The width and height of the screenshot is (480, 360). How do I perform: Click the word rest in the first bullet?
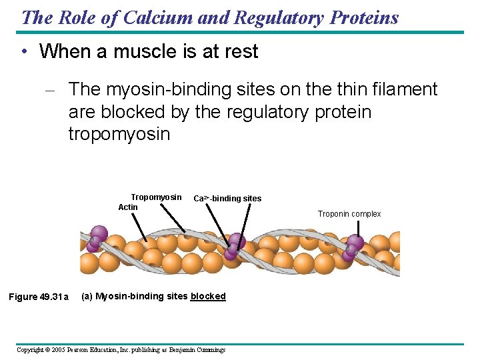coord(241,52)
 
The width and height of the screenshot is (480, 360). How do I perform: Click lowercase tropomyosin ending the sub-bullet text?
coord(119,134)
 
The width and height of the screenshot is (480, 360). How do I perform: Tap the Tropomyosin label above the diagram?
coord(156,197)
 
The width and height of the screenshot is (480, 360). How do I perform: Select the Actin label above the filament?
coord(128,207)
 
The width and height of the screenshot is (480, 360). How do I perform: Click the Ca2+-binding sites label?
coord(227,199)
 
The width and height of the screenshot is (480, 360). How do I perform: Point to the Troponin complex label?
coord(349,214)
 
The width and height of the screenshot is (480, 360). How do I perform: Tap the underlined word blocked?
coord(208,297)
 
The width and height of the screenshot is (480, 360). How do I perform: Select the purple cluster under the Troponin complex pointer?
coord(353,247)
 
